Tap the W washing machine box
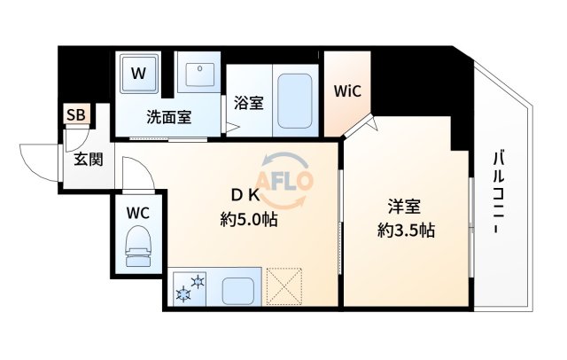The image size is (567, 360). click(138, 74)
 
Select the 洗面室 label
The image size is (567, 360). click(168, 117)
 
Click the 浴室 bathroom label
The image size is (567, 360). click(249, 103)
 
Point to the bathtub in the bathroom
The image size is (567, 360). click(293, 101)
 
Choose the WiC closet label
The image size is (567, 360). click(346, 91)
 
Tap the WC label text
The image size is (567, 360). click(137, 213)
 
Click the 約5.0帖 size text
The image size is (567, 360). click(248, 220)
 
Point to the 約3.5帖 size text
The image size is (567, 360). click(406, 231)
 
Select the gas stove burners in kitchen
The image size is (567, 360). click(190, 287)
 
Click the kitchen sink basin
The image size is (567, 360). click(237, 287)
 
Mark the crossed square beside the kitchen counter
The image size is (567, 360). click(284, 286)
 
